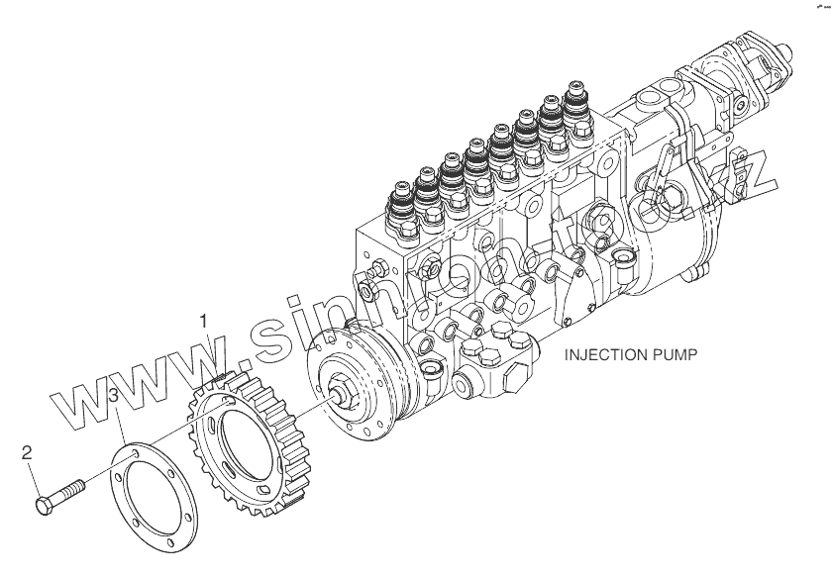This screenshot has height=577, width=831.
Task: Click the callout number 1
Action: pos(203,322)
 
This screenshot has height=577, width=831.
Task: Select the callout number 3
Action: pos(115,397)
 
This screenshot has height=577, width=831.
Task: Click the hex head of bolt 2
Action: pos(46,506)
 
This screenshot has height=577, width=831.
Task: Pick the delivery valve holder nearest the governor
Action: pos(574,103)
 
